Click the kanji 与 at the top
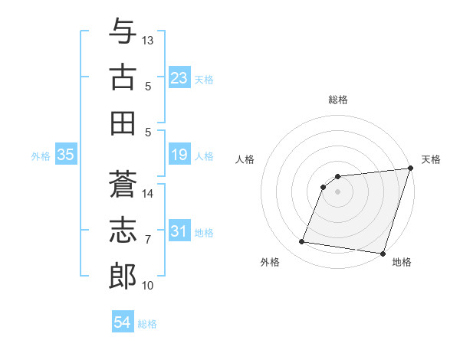123,31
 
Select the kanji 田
123,123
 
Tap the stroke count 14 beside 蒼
148,193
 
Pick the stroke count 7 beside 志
148,240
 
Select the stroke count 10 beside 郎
148,286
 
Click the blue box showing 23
179,78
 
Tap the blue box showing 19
179,155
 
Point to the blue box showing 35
66,155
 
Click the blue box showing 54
123,322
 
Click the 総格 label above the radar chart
338,100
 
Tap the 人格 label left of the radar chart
245,159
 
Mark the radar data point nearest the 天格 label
410,169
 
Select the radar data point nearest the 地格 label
383,253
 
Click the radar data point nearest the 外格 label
302,242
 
